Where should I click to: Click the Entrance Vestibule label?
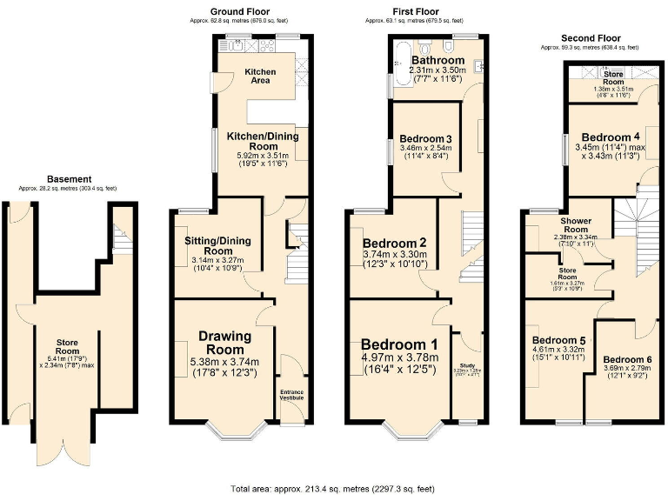coord(291,395)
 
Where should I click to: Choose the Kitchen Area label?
coord(260,76)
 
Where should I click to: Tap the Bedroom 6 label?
coord(625,359)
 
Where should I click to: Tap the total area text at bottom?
coord(333,489)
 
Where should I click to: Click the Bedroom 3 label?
coord(424,138)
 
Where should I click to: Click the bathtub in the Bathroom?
coord(402,66)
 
